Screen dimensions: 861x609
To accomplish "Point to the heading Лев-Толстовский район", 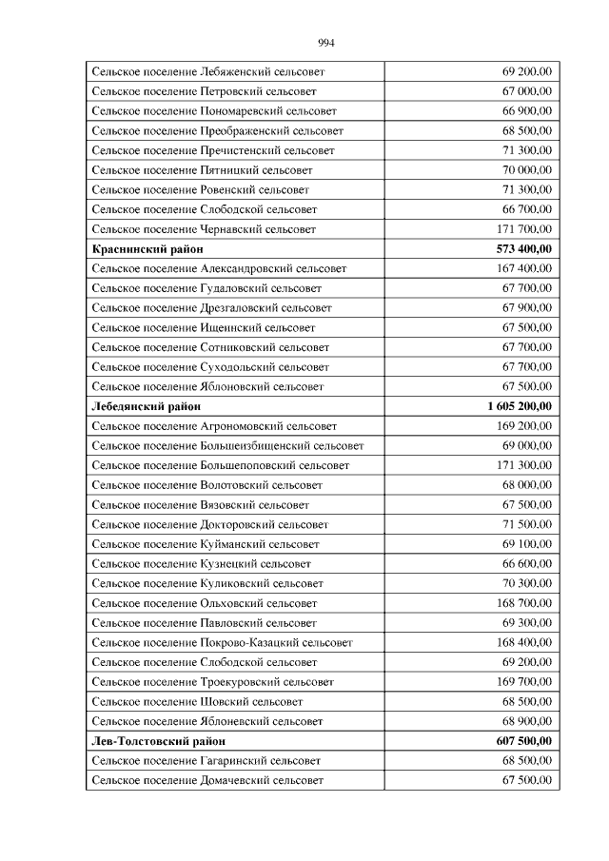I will [x=158, y=741].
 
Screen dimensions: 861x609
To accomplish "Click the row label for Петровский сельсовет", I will [x=204, y=91].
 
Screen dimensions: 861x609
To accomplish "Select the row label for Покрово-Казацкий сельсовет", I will [x=222, y=643].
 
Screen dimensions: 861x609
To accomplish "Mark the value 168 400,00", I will [x=524, y=643].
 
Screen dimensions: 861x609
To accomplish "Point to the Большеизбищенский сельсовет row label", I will [x=227, y=446].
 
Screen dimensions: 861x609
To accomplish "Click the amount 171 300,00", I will [x=524, y=465].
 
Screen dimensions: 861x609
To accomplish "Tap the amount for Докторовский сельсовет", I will [x=527, y=524].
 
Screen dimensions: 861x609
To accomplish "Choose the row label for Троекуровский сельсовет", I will [x=212, y=682].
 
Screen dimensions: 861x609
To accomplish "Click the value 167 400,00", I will [x=524, y=268].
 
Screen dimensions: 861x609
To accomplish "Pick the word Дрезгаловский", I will [x=235, y=308].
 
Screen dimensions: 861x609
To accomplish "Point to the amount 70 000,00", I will [x=527, y=170].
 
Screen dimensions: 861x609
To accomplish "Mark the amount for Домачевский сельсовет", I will [x=527, y=780].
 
